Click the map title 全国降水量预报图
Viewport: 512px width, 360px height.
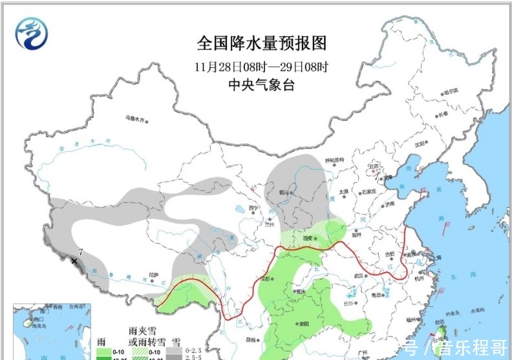[x=261, y=43]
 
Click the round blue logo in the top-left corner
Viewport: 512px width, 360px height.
[x=32, y=33]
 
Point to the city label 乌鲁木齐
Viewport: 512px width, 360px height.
[x=136, y=119]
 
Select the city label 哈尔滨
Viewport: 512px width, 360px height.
[x=453, y=92]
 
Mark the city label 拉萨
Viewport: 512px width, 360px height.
[x=153, y=274]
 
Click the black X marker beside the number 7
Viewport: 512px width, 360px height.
[x=76, y=261]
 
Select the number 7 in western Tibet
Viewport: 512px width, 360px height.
[x=81, y=251]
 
